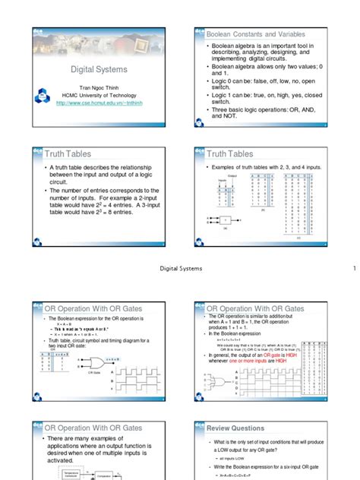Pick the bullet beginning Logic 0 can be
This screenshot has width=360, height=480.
[x=266, y=81]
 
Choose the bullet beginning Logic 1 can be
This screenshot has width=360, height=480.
[x=266, y=96]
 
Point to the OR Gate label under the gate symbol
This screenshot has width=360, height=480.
[x=95, y=374]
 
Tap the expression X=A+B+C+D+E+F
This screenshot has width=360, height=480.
[x=250, y=476]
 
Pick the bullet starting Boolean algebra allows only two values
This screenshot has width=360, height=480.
[x=266, y=70]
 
